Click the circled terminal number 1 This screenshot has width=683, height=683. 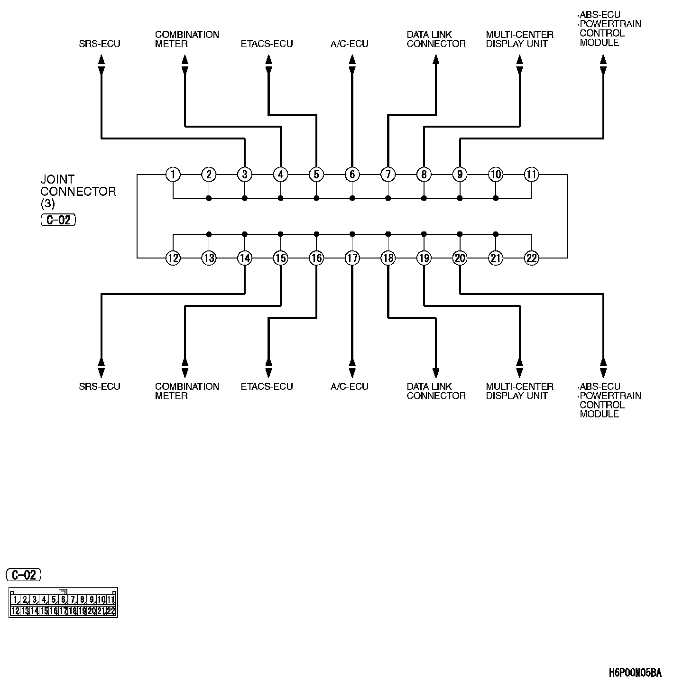(173, 175)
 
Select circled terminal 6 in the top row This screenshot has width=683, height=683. (352, 175)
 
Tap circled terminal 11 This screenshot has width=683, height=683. (531, 175)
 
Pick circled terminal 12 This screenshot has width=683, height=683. (173, 258)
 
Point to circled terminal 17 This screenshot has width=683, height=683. (352, 258)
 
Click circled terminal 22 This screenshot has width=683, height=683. (531, 258)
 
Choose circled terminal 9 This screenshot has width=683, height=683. (460, 175)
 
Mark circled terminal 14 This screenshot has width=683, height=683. (245, 258)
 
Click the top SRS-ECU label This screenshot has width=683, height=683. (100, 44)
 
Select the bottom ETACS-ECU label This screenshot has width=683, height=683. (267, 387)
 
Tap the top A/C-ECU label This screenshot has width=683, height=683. (350, 44)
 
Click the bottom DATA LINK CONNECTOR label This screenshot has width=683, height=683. (436, 391)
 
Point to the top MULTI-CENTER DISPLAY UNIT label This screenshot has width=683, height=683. (519, 39)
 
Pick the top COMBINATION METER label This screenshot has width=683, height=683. (187, 39)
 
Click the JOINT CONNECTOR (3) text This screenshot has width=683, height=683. (78, 191)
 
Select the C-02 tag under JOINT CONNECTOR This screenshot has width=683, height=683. (58, 220)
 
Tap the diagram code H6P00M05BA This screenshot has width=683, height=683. (635, 673)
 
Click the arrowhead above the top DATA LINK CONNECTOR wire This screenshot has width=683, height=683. (436, 59)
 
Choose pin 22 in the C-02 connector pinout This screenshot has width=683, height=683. (111, 611)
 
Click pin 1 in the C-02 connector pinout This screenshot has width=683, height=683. (15, 600)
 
